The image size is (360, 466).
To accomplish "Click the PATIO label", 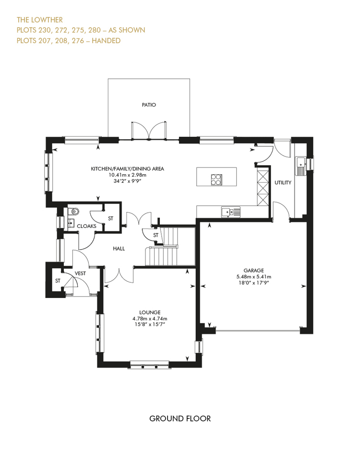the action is [149, 105].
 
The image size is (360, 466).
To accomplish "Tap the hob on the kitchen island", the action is [216, 179].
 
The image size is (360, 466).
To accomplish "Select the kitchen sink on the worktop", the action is [231, 213].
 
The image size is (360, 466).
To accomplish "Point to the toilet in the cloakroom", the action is [73, 212].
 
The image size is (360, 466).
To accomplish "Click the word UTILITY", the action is [283, 182].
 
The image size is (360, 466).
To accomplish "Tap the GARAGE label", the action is [253, 271].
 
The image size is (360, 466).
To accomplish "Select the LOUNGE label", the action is [150, 312].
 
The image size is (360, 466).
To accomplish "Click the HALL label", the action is [119, 249].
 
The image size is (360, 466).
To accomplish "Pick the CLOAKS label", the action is [86, 226].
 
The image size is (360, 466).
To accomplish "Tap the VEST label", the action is [80, 273].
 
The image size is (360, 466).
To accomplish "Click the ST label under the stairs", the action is [156, 235].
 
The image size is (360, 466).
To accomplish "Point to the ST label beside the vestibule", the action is [58, 281].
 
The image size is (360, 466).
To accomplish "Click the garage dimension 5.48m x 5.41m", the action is [253, 277].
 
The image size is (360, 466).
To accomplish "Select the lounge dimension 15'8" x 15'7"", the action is [150, 324].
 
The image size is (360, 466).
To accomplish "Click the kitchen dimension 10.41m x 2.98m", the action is [127, 175].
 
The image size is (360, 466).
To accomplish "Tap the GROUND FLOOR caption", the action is [180, 418].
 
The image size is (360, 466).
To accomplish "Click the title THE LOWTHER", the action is [40, 20].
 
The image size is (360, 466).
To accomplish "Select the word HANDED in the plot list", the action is [106, 40].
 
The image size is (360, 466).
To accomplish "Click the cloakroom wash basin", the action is [71, 223].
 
